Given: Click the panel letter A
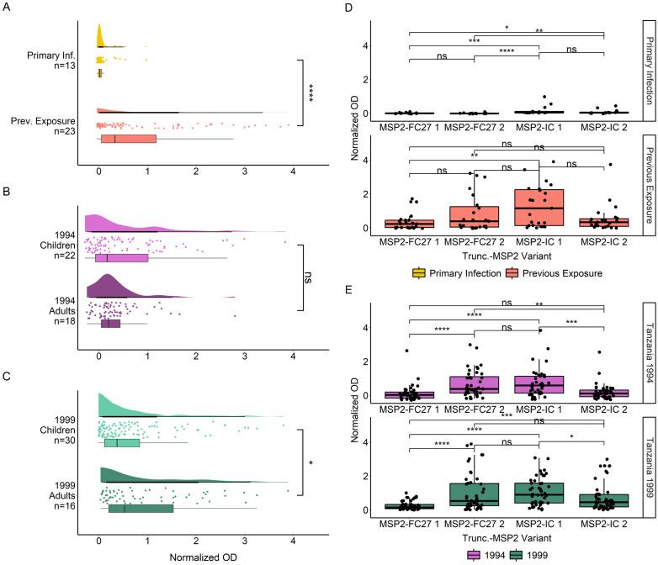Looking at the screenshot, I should click(7, 8).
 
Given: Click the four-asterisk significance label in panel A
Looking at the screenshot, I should click(310, 92).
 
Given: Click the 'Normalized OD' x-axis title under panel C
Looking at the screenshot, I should click(195, 556).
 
